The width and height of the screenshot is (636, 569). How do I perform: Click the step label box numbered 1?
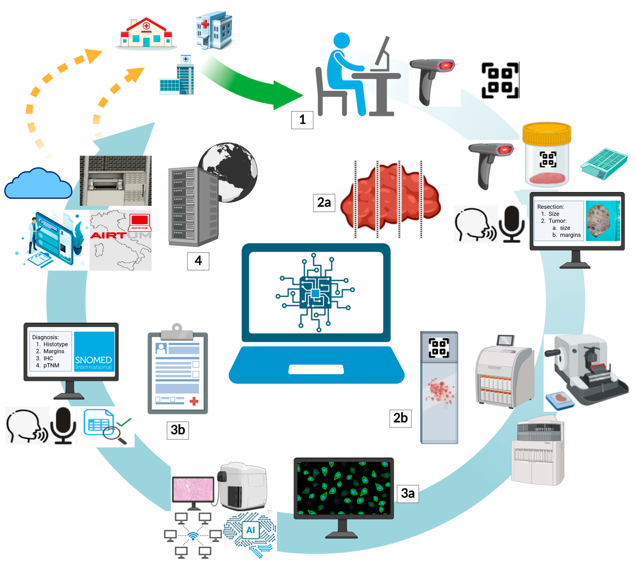click(x=302, y=120)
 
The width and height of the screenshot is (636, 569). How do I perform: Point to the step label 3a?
click(x=408, y=493)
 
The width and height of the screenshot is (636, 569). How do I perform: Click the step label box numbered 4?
click(x=198, y=261)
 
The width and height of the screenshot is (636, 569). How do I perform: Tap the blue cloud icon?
click(x=38, y=184)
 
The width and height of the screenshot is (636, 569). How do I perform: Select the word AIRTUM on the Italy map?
click(x=120, y=235)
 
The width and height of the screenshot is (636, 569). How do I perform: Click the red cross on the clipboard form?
click(x=194, y=401)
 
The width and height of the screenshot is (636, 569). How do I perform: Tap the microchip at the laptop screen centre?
click(x=315, y=293)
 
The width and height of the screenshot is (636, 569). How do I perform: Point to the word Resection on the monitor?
click(x=550, y=207)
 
